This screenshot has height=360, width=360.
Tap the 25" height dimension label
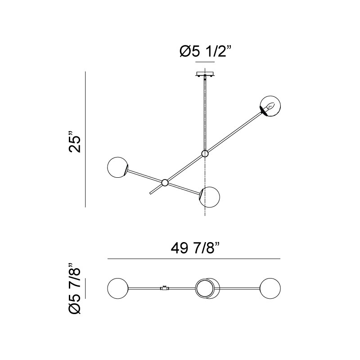75,142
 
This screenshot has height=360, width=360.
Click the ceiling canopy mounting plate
205,74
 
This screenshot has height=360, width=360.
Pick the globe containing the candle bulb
270,106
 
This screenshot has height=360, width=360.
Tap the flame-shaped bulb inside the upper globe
270,106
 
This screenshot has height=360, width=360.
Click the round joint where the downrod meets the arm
205,153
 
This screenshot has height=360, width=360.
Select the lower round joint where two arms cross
165,183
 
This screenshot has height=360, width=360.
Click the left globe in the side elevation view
117,167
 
